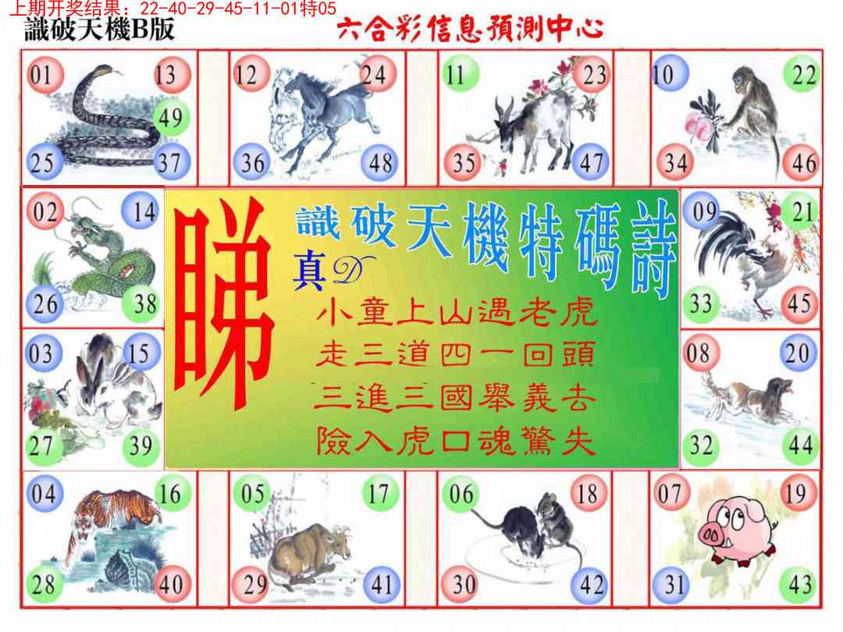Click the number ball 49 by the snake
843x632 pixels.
170,117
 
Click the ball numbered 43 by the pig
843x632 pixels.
799,584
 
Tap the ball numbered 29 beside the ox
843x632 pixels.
251,584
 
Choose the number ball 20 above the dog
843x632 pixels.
797,353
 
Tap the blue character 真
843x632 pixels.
308,272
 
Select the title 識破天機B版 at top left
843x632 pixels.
99,29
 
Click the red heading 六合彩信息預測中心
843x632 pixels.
471,29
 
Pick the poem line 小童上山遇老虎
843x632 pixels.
456,311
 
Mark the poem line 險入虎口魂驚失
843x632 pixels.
456,441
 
